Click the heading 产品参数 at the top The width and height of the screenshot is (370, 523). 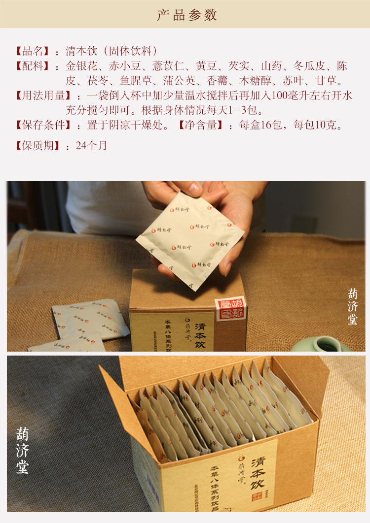click(187, 15)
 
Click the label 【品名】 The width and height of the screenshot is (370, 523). click(33, 51)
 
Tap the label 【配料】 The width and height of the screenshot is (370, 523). click(33, 66)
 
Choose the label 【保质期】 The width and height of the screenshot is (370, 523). click(37, 146)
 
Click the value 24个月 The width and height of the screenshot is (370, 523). click(91, 146)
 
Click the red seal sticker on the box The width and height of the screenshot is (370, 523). click(230, 308)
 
